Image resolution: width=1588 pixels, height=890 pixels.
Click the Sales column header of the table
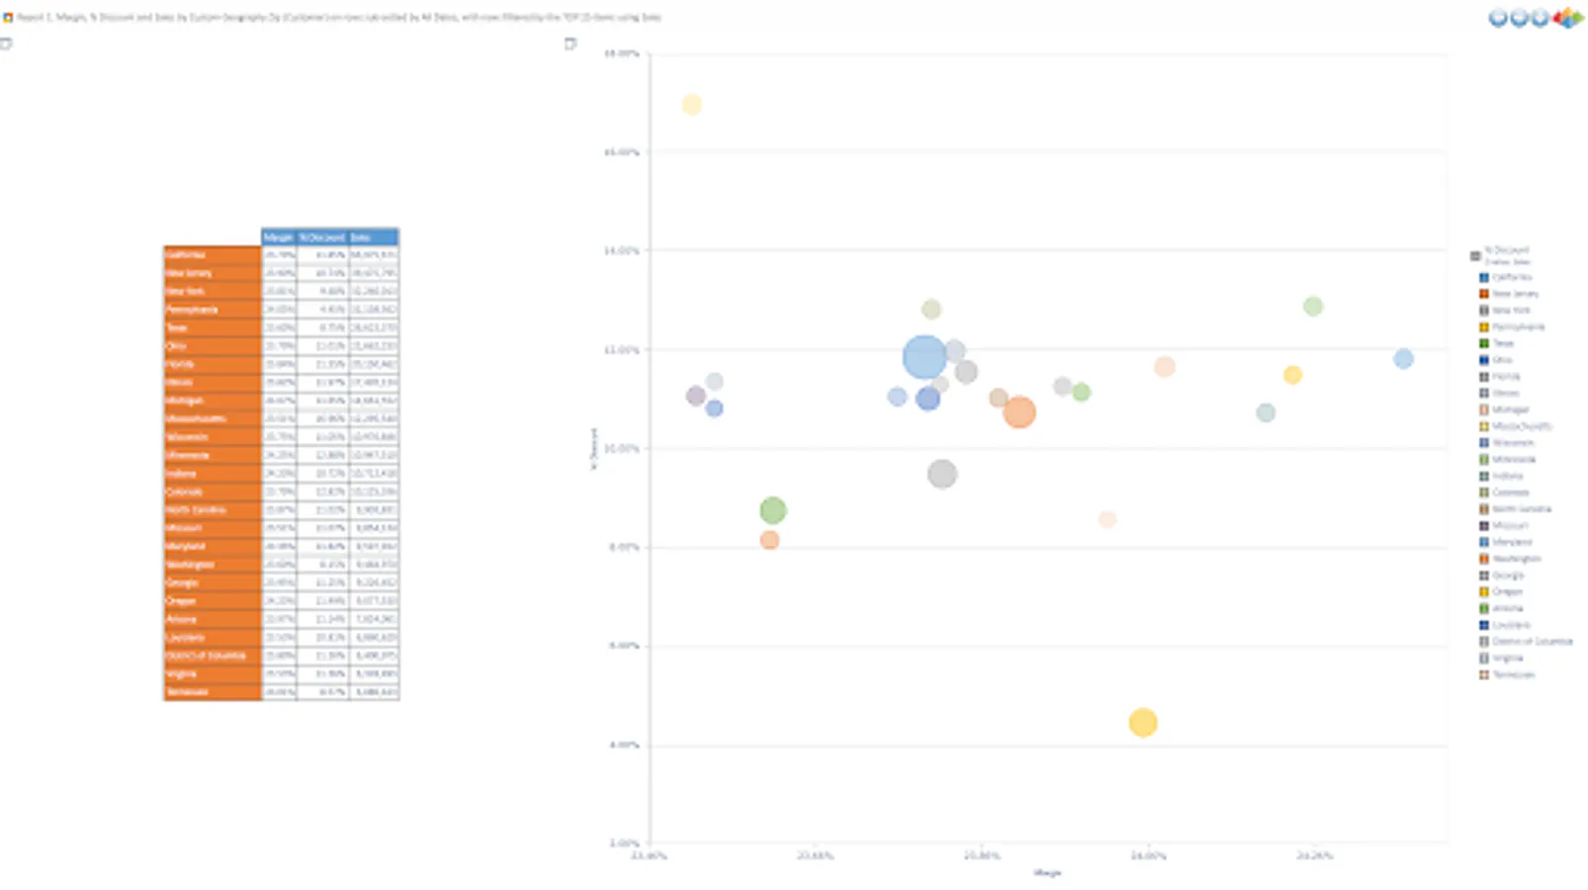(373, 237)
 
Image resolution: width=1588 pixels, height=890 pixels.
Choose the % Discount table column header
(322, 237)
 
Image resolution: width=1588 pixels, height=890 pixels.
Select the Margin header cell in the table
(279, 237)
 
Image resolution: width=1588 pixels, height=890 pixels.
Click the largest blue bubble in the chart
(925, 357)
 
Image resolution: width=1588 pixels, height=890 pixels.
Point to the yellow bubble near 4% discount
(1143, 723)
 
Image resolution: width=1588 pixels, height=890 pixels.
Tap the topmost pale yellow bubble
(691, 105)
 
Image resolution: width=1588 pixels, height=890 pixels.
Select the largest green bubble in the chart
(773, 510)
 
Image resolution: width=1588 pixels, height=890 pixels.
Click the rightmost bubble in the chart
(1403, 359)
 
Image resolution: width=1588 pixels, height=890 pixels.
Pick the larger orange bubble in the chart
(1018, 412)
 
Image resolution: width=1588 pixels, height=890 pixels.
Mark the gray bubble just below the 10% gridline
(942, 475)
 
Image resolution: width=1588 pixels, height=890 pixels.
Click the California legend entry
(1511, 278)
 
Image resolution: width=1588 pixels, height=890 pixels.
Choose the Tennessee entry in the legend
(1513, 674)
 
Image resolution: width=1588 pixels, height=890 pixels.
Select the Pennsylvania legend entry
(1518, 327)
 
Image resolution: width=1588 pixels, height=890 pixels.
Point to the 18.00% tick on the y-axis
(622, 53)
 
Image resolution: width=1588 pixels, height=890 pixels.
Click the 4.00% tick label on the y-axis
(623, 745)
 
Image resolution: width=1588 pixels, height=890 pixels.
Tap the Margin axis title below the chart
(1047, 873)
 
